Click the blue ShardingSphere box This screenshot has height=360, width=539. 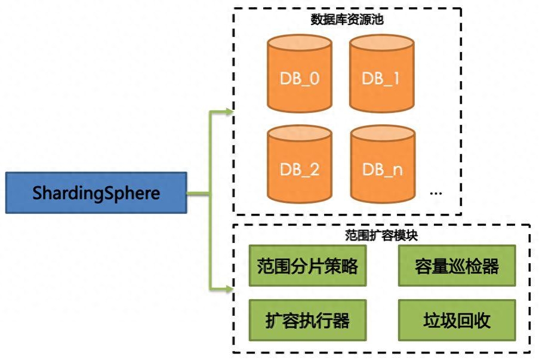[96, 193]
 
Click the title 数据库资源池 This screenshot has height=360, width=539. [347, 20]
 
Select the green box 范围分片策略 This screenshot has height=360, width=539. [307, 266]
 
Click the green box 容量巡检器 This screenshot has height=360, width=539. [457, 266]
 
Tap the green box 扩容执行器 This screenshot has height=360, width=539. [307, 321]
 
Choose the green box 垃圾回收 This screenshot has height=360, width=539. [457, 321]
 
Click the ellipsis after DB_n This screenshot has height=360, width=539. [436, 193]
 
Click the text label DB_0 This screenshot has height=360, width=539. [299, 79]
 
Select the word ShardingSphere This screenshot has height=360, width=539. [96, 193]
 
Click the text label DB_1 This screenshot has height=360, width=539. [381, 79]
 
